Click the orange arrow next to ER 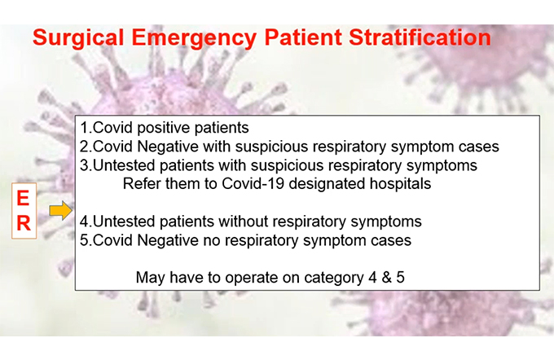(61, 211)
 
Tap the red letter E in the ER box (23, 198)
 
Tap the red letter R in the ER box (24, 223)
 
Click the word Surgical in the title (78, 37)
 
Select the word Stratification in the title (420, 37)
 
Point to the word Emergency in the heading (194, 38)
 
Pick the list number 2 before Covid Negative (84, 147)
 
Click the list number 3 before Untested (84, 165)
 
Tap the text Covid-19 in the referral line (253, 184)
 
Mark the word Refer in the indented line (141, 184)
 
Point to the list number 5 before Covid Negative (84, 240)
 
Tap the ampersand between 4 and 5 (386, 278)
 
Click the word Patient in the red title (303, 37)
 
